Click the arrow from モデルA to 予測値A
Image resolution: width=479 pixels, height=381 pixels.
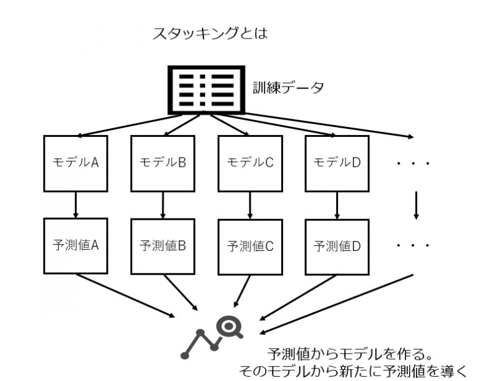point(75,204)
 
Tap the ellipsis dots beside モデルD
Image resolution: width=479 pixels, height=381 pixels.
point(413,164)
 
